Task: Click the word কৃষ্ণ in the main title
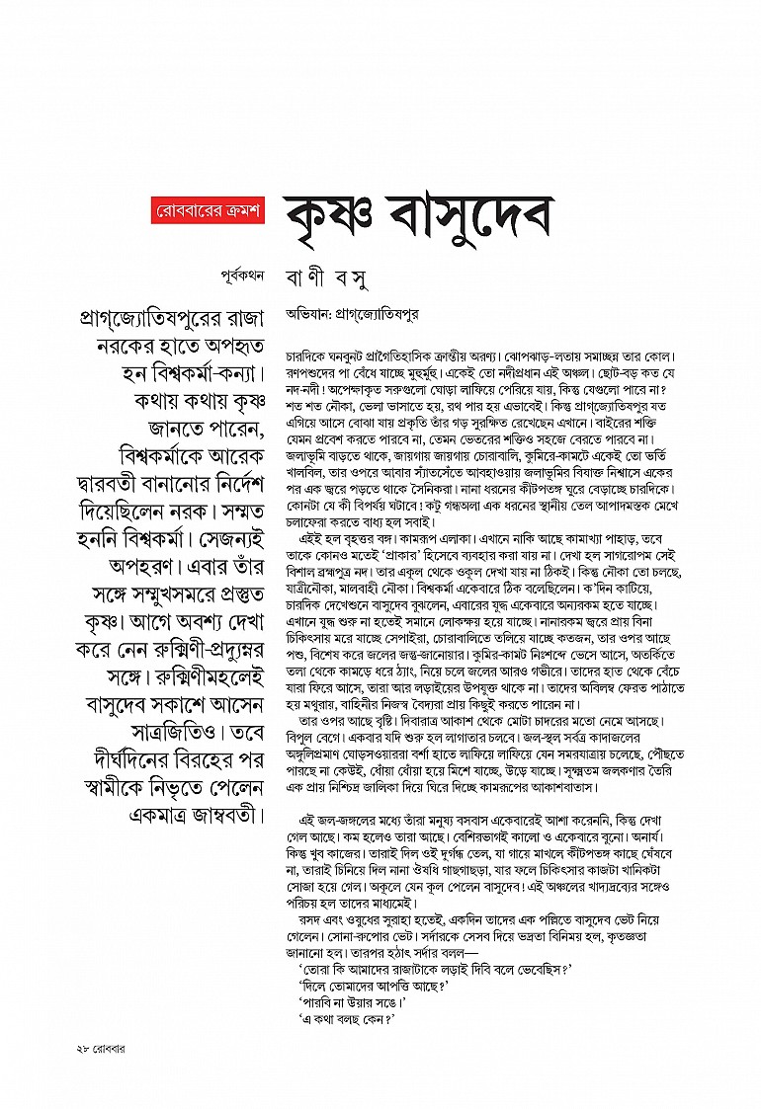click(x=334, y=212)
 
